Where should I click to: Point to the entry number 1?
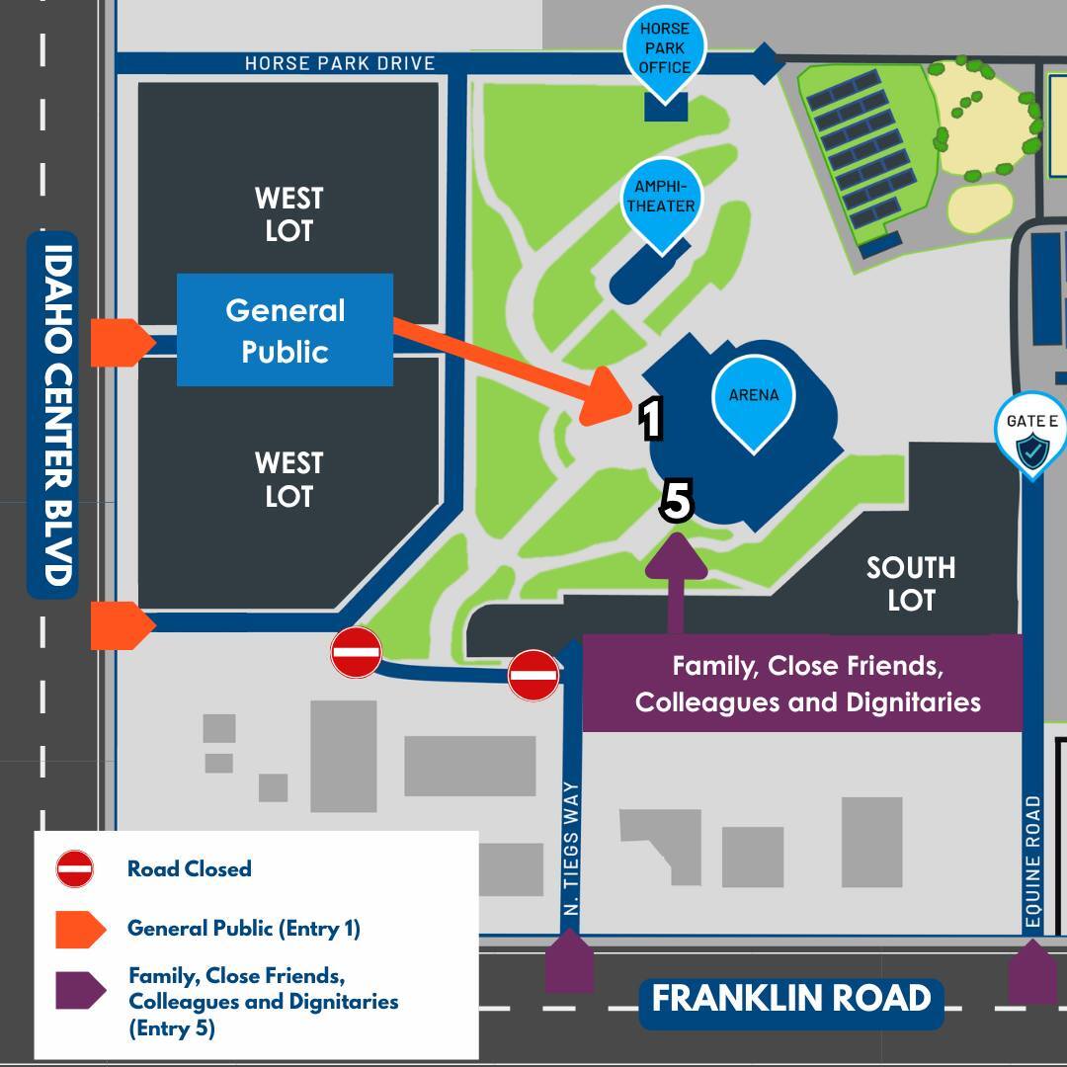[x=650, y=419]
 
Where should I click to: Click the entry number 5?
[x=677, y=501]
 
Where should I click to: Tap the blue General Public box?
[x=285, y=330]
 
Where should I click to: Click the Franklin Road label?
[x=791, y=999]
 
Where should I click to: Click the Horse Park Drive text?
[x=340, y=63]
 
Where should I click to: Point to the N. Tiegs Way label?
[x=571, y=849]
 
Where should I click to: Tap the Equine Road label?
[x=1033, y=862]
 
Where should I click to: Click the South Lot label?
[x=910, y=583]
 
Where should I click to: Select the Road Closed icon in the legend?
[x=75, y=868]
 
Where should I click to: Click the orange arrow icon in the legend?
[x=80, y=929]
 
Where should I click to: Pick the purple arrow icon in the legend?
[x=80, y=990]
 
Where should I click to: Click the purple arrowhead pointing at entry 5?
[x=677, y=557]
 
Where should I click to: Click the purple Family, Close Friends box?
[x=802, y=684]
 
